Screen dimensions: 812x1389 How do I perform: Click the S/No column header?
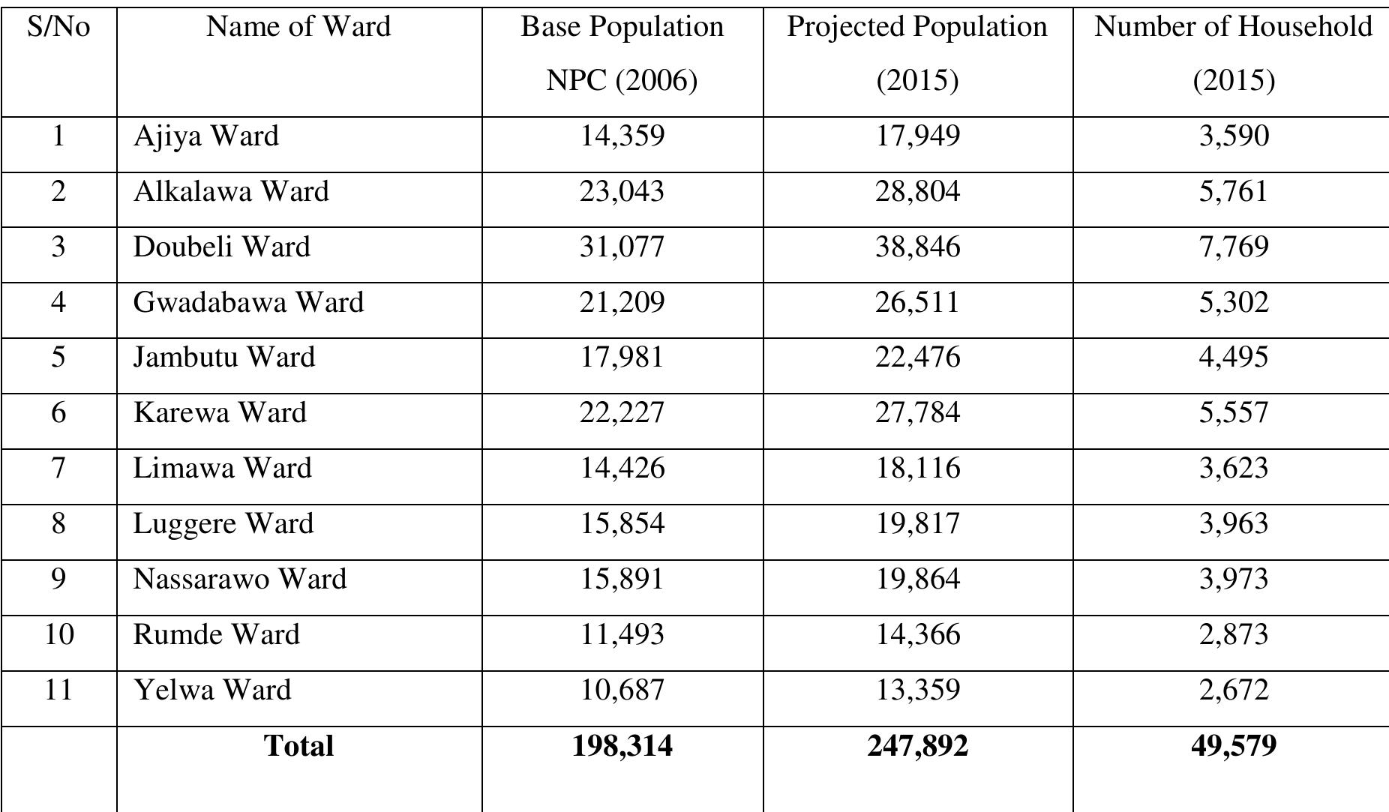[58, 28]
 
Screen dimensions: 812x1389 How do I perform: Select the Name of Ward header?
[298, 28]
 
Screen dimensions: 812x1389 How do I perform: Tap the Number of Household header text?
[1233, 28]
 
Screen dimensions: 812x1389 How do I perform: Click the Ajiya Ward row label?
[206, 136]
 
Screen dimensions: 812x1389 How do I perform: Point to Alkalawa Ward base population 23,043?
[622, 192]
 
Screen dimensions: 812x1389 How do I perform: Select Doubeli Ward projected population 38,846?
[917, 247]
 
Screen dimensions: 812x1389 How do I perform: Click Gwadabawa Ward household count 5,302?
[1233, 303]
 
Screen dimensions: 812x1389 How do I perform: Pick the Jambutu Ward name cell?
[224, 357]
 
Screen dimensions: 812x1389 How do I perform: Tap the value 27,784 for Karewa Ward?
[917, 413]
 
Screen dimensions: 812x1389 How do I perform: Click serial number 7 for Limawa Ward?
[58, 469]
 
